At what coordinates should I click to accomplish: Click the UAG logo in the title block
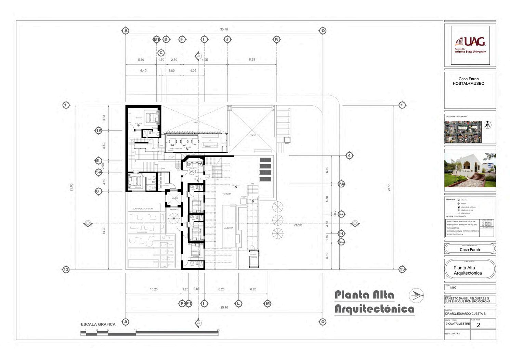coord(470,44)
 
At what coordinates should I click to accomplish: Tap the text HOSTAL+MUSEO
coord(468,83)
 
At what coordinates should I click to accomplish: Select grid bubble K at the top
coord(276,39)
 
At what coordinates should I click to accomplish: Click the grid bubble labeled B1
coord(156,39)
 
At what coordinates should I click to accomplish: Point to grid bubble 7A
coord(341,184)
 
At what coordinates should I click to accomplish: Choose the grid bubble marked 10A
coord(341,214)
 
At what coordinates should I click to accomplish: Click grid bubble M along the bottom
coord(268,304)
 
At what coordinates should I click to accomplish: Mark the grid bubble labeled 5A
coord(99,172)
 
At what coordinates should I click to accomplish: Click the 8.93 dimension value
coord(252,59)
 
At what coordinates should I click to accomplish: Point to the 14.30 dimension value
coord(104,230)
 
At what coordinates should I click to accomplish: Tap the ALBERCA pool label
coord(228,228)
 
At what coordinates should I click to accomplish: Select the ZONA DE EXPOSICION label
coord(143,209)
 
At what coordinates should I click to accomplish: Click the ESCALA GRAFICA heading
coord(98,324)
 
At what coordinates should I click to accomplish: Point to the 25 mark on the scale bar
coord(218,330)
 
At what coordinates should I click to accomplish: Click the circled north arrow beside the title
coord(416,295)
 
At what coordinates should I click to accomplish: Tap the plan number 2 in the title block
coord(478,325)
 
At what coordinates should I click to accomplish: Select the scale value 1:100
coord(453,288)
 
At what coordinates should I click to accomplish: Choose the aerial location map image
coord(462,132)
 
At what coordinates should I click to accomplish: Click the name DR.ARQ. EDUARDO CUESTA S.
coord(466,314)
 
